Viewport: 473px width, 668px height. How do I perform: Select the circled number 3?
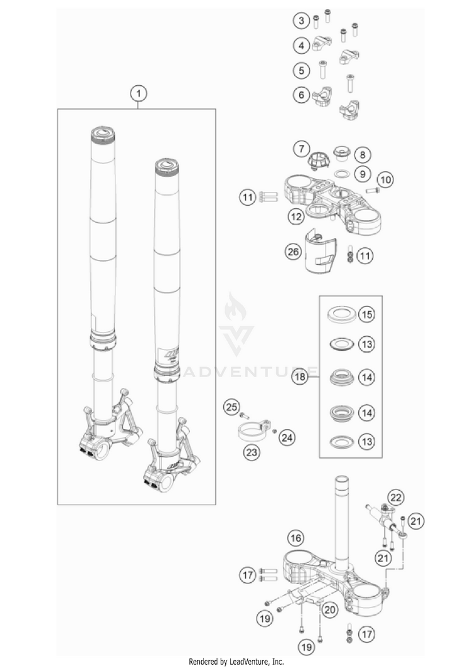pyautogui.click(x=301, y=21)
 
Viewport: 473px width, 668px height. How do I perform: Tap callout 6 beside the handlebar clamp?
pyautogui.click(x=301, y=95)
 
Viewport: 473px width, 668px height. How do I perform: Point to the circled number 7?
pyautogui.click(x=302, y=149)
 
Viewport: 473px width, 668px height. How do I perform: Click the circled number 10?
pyautogui.click(x=386, y=180)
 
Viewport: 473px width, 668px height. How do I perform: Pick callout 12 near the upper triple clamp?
pyautogui.click(x=296, y=216)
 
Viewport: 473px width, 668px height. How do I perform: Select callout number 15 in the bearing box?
pyautogui.click(x=366, y=313)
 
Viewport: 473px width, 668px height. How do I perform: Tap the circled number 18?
pyautogui.click(x=300, y=378)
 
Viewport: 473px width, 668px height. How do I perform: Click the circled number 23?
pyautogui.click(x=253, y=452)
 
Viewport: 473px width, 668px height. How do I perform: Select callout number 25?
pyautogui.click(x=232, y=407)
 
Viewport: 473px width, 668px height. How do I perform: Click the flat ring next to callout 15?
pyautogui.click(x=341, y=314)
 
